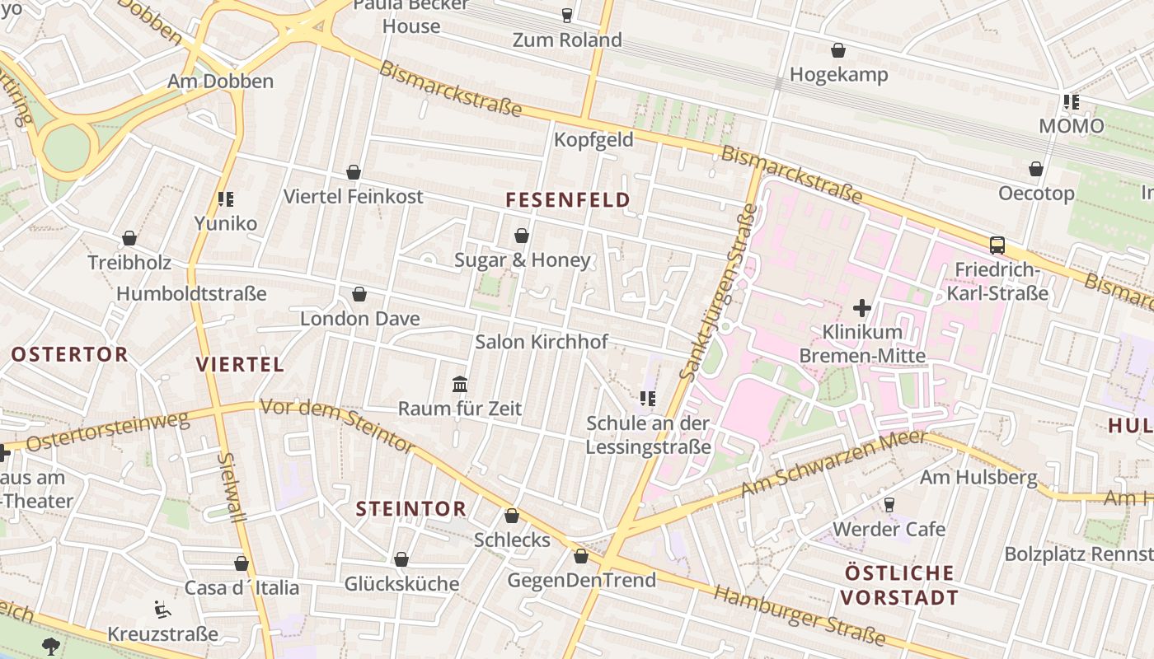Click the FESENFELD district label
pyautogui.click(x=567, y=199)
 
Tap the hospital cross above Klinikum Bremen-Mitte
pyautogui.click(x=862, y=308)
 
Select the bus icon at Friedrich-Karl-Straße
pyautogui.click(x=997, y=245)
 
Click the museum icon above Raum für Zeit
pyautogui.click(x=460, y=384)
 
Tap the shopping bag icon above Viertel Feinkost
pyautogui.click(x=354, y=172)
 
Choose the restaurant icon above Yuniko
pyautogui.click(x=226, y=199)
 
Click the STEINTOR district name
pyautogui.click(x=411, y=509)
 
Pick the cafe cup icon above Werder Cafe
pyautogui.click(x=889, y=504)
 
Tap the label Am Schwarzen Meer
pyautogui.click(x=833, y=464)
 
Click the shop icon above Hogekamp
pyautogui.click(x=838, y=50)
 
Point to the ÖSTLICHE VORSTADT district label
pyautogui.click(x=900, y=585)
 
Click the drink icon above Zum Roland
pyautogui.click(x=566, y=15)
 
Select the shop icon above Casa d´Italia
pyautogui.click(x=242, y=563)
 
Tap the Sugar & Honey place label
pyautogui.click(x=523, y=260)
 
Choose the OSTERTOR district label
pyautogui.click(x=70, y=354)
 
